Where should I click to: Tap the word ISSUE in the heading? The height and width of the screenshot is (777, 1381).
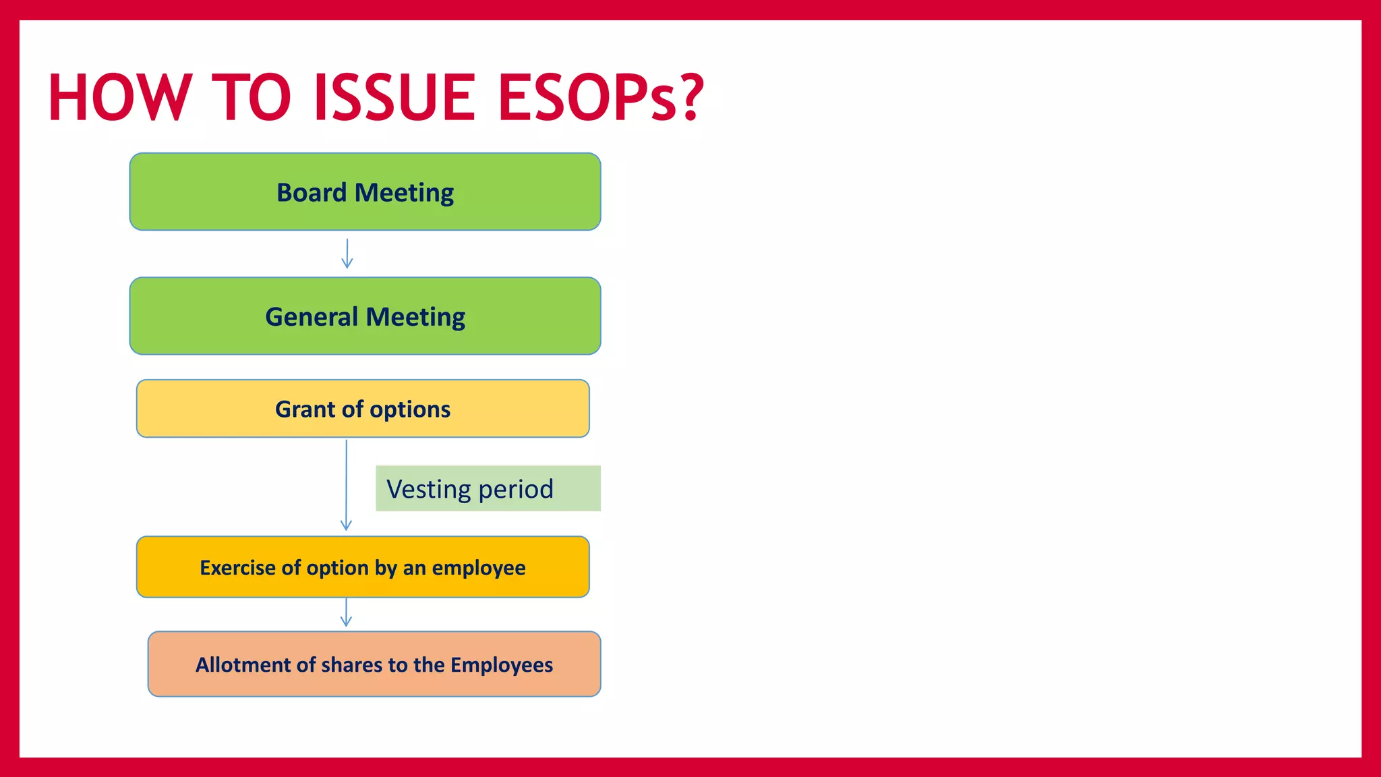pyautogui.click(x=394, y=98)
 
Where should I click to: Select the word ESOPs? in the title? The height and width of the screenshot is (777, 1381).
pyautogui.click(x=600, y=98)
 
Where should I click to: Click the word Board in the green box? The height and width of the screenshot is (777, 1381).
pyautogui.click(x=312, y=193)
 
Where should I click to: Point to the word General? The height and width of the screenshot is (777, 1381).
pyautogui.click(x=312, y=317)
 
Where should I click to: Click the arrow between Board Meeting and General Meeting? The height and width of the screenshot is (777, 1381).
pyautogui.click(x=347, y=254)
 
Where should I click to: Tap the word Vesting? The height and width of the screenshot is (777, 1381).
pyautogui.click(x=429, y=489)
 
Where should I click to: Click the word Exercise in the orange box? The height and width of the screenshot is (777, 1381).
pyautogui.click(x=237, y=568)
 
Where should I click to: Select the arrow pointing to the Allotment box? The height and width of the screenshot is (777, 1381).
pyautogui.click(x=346, y=612)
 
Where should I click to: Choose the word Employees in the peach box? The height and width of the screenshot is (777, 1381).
pyautogui.click(x=502, y=665)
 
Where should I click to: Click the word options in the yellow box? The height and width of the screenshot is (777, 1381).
pyautogui.click(x=410, y=409)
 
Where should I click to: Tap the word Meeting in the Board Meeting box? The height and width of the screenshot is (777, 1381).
pyautogui.click(x=404, y=193)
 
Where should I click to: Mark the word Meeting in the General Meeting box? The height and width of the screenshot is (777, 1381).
pyautogui.click(x=415, y=317)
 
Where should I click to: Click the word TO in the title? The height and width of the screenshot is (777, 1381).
pyautogui.click(x=251, y=98)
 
